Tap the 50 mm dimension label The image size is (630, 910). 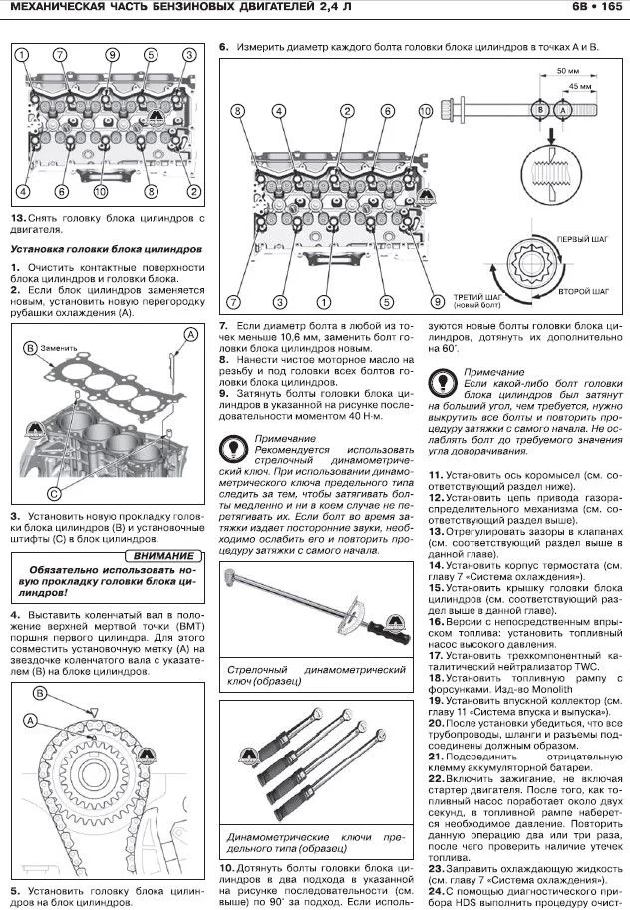tap(567, 73)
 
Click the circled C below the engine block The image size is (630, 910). tap(53, 491)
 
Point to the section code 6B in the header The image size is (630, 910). tap(578, 11)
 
